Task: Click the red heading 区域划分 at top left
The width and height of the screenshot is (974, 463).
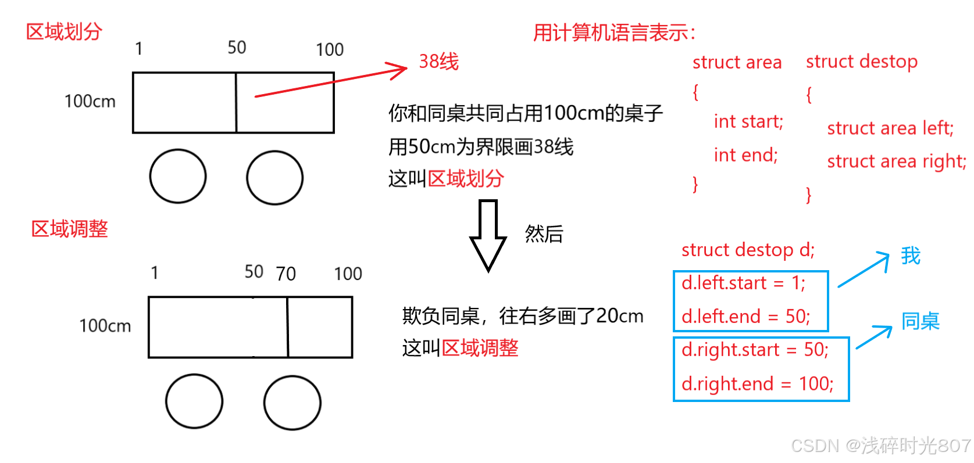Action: tap(64, 31)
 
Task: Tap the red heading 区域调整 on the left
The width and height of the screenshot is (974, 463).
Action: tap(70, 229)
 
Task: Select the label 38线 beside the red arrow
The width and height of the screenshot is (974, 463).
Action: tap(439, 62)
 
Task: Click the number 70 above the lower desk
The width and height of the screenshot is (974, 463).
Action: tap(286, 274)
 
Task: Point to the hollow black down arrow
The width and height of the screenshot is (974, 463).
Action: tap(488, 235)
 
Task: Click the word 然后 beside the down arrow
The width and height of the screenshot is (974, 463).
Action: tap(544, 234)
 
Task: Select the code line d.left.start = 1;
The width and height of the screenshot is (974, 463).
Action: tap(743, 283)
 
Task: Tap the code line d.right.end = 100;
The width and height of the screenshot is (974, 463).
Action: tap(757, 383)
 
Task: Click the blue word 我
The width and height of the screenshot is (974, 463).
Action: tap(911, 256)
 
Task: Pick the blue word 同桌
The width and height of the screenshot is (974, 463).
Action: tap(920, 321)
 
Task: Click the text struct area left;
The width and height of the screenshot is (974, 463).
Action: tap(890, 128)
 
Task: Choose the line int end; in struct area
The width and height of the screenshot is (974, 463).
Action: tap(745, 155)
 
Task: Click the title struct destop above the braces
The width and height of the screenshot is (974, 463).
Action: tap(861, 61)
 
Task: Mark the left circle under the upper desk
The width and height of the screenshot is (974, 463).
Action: tap(178, 177)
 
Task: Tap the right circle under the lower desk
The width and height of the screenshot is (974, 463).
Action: tap(292, 402)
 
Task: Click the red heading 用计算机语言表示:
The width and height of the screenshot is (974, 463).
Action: tap(614, 33)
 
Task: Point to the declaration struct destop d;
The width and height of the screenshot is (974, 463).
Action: tap(748, 250)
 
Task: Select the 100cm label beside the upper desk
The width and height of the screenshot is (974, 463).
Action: tap(90, 101)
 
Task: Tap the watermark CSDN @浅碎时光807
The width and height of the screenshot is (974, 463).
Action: tap(880, 446)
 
